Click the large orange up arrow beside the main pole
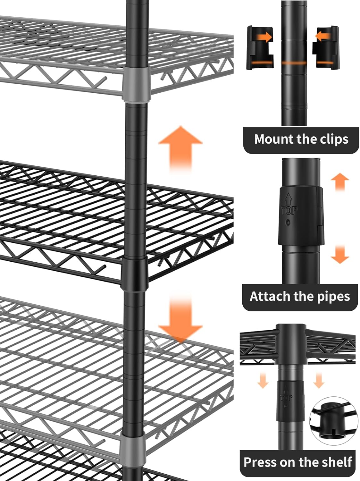coord(180,148)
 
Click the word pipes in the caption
coord(333,297)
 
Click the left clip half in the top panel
coord(260,48)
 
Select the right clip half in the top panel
coord(325,48)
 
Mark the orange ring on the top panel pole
coord(294,63)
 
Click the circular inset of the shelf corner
coord(333,421)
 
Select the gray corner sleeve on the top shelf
coord(136,84)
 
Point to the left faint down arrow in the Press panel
coord(263,380)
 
